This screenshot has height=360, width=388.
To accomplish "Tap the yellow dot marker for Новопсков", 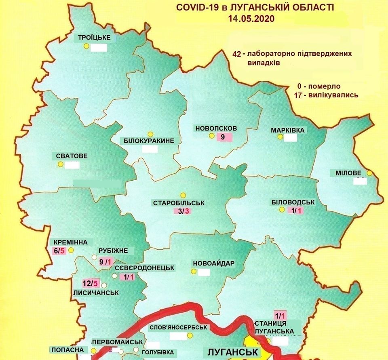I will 211,137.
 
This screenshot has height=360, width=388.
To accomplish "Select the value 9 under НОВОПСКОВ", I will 222,137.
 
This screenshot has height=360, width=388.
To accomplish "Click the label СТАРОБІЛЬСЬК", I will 179,203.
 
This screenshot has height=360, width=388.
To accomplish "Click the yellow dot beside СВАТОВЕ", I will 60,164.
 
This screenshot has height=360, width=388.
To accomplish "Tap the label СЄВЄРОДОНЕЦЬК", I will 144,267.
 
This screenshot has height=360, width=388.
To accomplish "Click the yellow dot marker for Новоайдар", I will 193,272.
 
